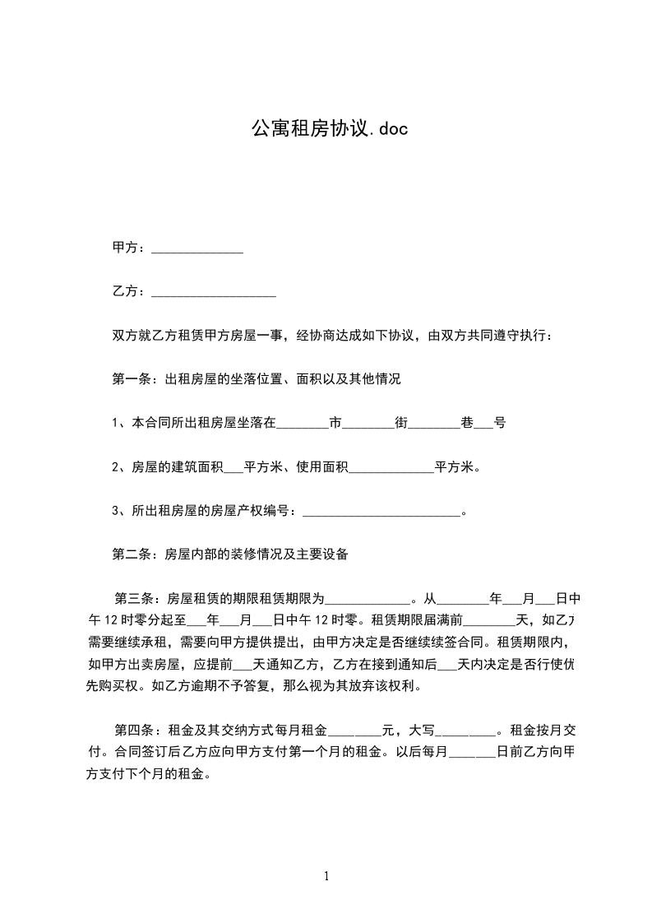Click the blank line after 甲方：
point(197,248)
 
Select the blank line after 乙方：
point(214,292)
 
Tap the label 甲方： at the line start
point(130,248)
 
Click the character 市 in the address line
point(335,424)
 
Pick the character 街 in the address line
point(401,424)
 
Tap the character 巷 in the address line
point(467,424)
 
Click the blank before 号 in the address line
point(483,425)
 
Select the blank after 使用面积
point(392,469)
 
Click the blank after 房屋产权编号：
point(382,513)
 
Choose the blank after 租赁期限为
point(368,601)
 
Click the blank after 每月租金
point(355,731)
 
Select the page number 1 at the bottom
point(326,877)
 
